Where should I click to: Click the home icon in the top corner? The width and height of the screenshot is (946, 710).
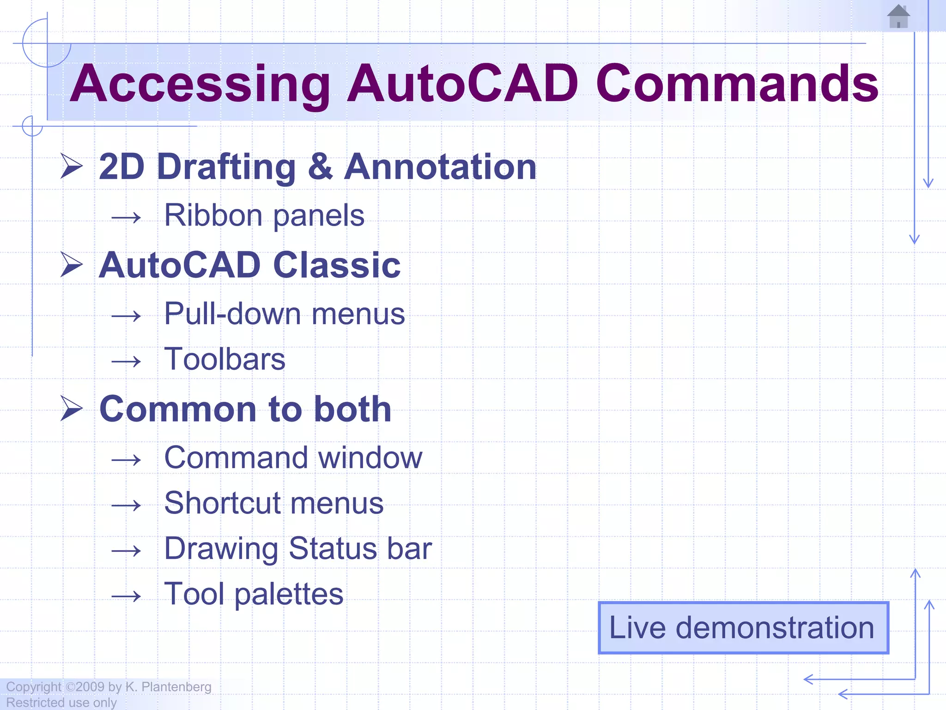click(x=898, y=17)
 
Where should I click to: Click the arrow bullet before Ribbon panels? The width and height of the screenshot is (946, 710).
click(x=126, y=217)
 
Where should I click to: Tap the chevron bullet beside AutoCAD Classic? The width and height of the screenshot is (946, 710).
click(x=72, y=265)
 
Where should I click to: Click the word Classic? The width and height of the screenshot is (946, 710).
click(x=337, y=265)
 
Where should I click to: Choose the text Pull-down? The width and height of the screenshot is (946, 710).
click(x=232, y=314)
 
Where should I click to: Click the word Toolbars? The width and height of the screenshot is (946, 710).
click(x=225, y=359)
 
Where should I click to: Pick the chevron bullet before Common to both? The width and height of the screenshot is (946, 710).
click(x=72, y=409)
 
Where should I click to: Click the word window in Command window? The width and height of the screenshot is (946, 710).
click(x=370, y=458)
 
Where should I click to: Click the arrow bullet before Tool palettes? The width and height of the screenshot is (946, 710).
click(x=126, y=596)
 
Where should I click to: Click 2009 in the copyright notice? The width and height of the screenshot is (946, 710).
click(x=90, y=687)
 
